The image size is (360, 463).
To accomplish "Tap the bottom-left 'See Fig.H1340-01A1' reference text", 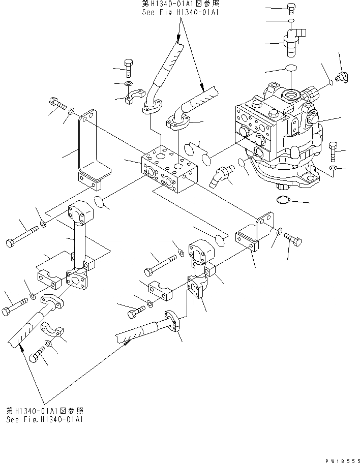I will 45,419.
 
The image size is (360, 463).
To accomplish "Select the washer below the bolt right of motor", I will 333,168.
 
